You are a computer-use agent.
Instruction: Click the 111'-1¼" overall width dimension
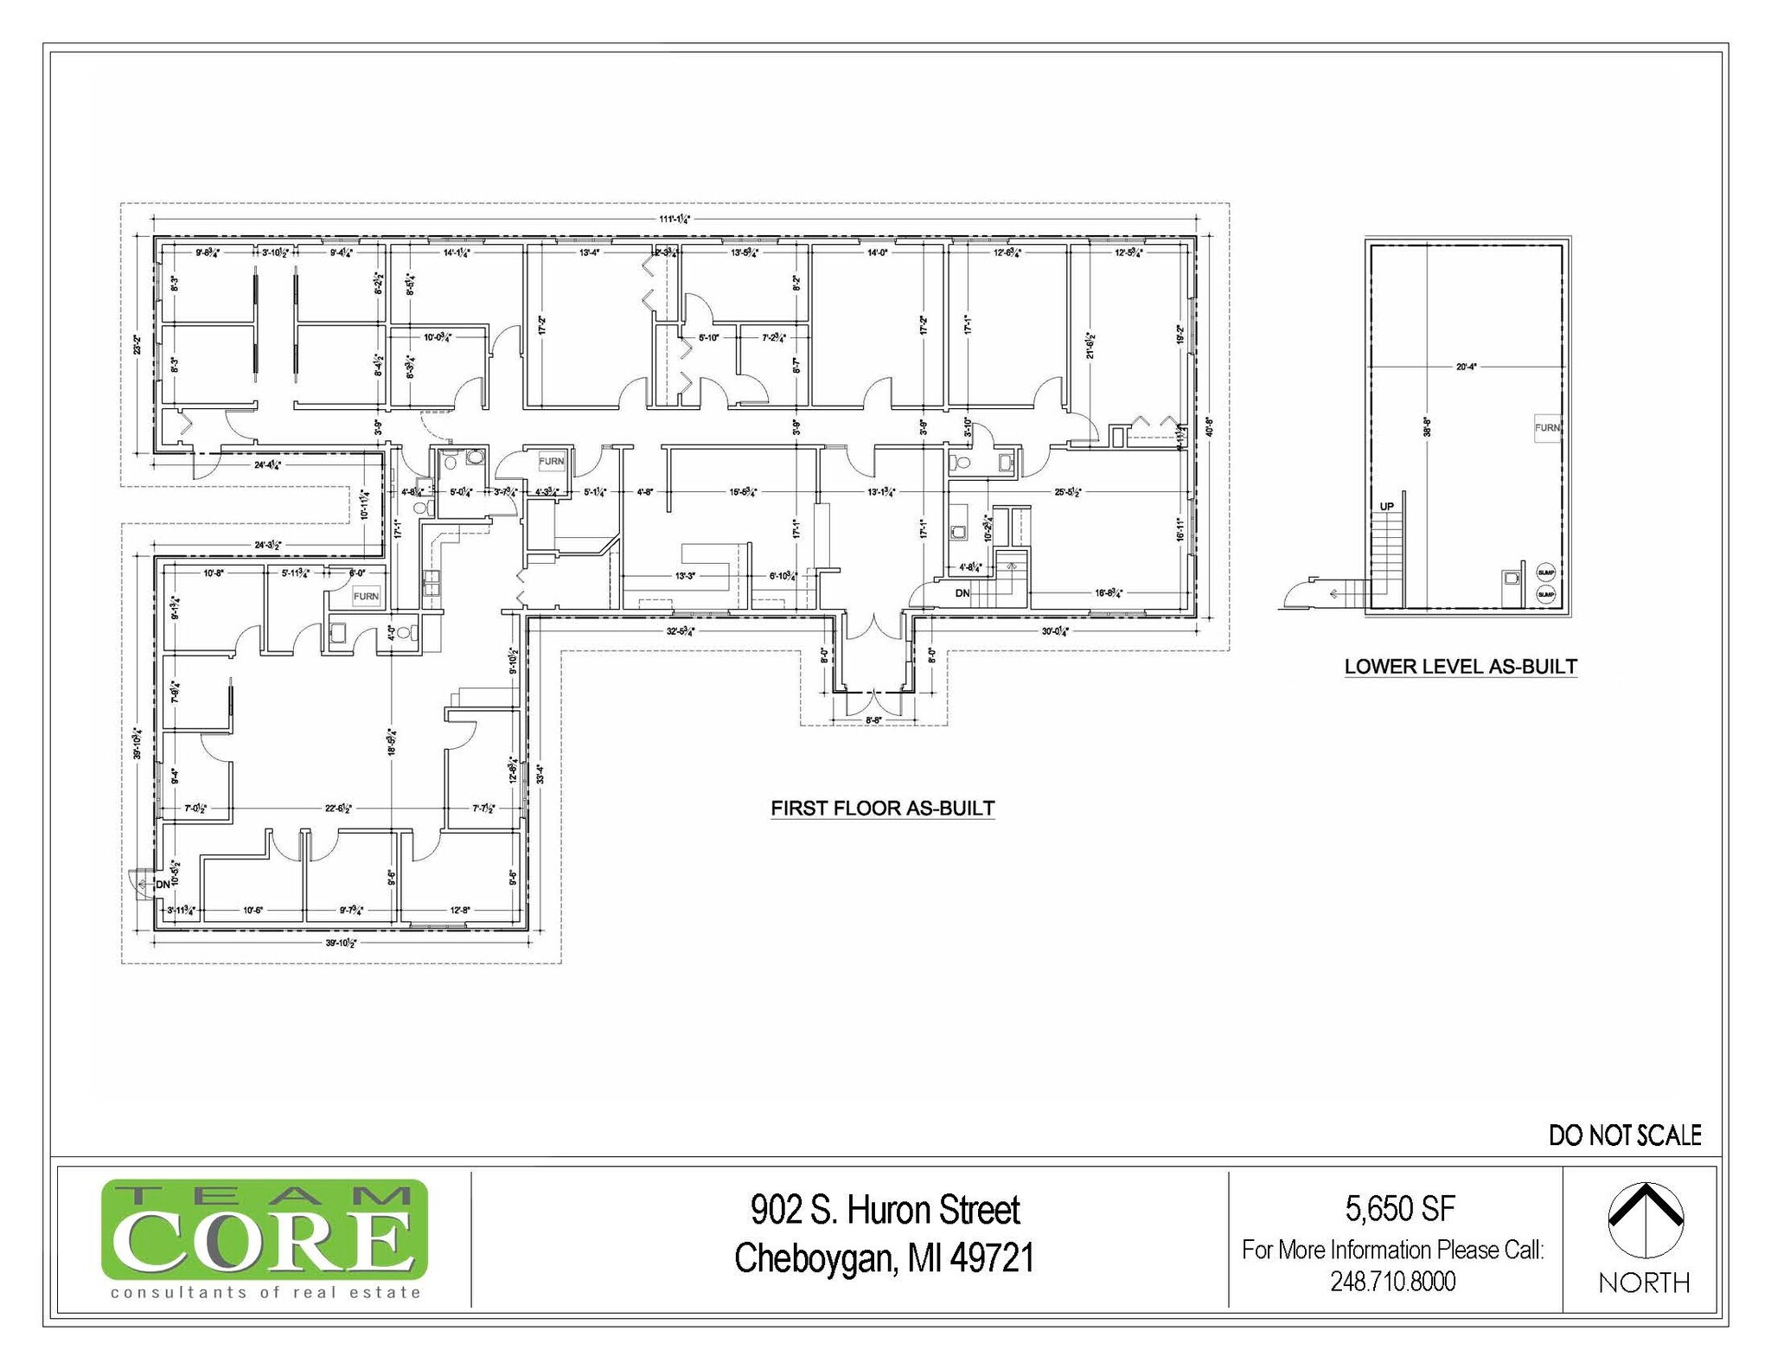[x=675, y=219]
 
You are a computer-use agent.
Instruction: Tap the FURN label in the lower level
[x=1546, y=428]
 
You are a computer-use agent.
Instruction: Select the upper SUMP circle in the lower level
[x=1546, y=573]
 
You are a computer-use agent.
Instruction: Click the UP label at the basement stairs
[x=1386, y=507]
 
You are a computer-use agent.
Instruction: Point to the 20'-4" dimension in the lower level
[x=1466, y=367]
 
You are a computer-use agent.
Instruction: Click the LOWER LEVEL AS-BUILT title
[x=1461, y=667]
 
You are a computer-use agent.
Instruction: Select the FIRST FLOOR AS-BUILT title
[x=882, y=809]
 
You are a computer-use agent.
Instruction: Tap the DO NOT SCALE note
[x=1624, y=1136]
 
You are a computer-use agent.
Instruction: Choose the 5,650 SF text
[x=1399, y=1209]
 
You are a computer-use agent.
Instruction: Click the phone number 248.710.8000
[x=1392, y=1282]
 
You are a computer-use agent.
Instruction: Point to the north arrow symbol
[x=1645, y=1219]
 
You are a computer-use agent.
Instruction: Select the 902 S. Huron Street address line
[x=885, y=1210]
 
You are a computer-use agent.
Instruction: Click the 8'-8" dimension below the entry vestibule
[x=873, y=720]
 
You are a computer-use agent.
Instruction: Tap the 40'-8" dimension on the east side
[x=1209, y=428]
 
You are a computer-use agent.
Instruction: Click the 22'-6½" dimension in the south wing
[x=338, y=809]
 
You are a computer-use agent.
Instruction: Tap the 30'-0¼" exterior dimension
[x=1055, y=631]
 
